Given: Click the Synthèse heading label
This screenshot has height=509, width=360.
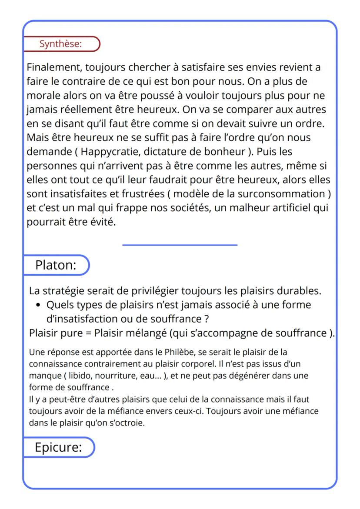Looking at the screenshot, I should (x=60, y=44).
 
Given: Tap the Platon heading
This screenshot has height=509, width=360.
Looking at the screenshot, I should (x=56, y=265).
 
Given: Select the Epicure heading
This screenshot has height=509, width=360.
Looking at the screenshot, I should (x=58, y=447).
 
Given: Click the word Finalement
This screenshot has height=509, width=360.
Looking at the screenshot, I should (x=54, y=68).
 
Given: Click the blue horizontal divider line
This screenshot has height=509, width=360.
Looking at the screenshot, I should (x=180, y=245).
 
